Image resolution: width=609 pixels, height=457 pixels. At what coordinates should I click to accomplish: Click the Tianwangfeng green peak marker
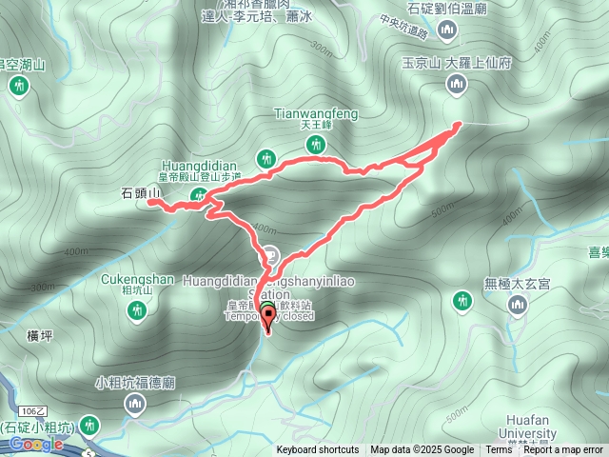coord(316,145)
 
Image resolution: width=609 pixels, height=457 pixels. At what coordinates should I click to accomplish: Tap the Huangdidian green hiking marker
coord(268,157)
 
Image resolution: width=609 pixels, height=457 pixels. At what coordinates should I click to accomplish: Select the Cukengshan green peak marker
coord(137,309)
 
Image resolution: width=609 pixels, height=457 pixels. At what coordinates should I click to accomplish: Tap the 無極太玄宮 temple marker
coord(518,305)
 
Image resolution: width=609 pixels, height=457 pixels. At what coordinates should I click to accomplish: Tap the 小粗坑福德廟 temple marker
coord(134,407)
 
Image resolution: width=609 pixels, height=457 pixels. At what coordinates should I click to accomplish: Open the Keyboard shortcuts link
coord(318,450)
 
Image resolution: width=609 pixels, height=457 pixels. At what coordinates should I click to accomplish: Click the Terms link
coord(499,450)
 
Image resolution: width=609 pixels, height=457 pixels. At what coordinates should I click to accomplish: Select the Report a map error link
coord(563,450)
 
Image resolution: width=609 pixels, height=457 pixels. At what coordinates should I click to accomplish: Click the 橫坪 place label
coord(40,334)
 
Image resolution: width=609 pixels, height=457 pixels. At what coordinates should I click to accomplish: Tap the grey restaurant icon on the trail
coord(272,254)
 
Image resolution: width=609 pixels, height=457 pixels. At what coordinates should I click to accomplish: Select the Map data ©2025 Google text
coord(422,450)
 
